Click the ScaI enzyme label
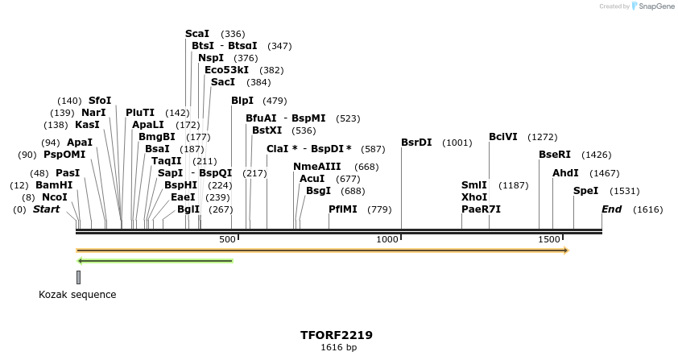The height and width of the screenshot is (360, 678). (x=197, y=34)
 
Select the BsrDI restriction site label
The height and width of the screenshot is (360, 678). (x=416, y=143)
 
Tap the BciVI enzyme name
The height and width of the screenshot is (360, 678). (x=503, y=137)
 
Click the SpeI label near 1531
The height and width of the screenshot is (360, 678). (x=585, y=191)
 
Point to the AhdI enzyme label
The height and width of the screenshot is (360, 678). (x=565, y=173)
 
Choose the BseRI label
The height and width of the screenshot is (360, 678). (x=554, y=155)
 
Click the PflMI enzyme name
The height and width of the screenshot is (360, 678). (x=343, y=209)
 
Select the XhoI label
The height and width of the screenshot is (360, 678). (x=474, y=197)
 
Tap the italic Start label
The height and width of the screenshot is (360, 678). (x=46, y=209)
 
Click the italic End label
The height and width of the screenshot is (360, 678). (x=612, y=209)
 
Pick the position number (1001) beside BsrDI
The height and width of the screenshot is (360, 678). (x=457, y=143)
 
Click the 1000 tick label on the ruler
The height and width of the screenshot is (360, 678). (x=388, y=239)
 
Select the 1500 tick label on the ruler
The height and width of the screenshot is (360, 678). (x=549, y=239)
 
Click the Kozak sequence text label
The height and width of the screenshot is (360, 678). (x=77, y=295)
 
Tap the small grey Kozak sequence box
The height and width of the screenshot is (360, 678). (x=78, y=277)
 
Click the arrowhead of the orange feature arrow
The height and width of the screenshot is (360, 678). (x=566, y=250)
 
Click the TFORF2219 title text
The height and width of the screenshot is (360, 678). (x=337, y=335)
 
